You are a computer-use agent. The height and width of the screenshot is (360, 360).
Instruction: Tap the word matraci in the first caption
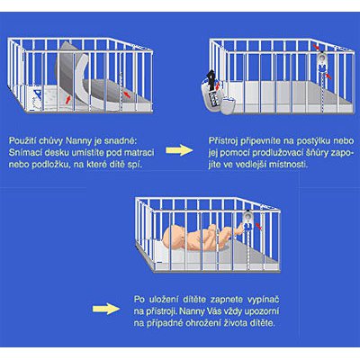coord(139,152)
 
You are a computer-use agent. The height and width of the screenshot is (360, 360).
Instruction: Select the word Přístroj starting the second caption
coord(221,141)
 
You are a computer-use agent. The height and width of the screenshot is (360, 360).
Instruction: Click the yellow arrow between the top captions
coord(179,150)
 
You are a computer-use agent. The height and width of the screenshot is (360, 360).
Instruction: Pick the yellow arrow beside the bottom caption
coord(106,309)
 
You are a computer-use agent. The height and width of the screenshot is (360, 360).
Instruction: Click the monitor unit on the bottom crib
coord(248,220)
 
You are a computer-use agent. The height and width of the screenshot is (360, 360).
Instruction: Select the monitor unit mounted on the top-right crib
coord(322,61)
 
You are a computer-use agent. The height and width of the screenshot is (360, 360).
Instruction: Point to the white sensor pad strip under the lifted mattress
coord(84,84)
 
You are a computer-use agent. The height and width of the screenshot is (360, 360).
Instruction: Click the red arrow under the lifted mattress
coord(68,99)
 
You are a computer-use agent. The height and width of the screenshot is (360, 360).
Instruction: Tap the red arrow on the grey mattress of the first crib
coord(127,94)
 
